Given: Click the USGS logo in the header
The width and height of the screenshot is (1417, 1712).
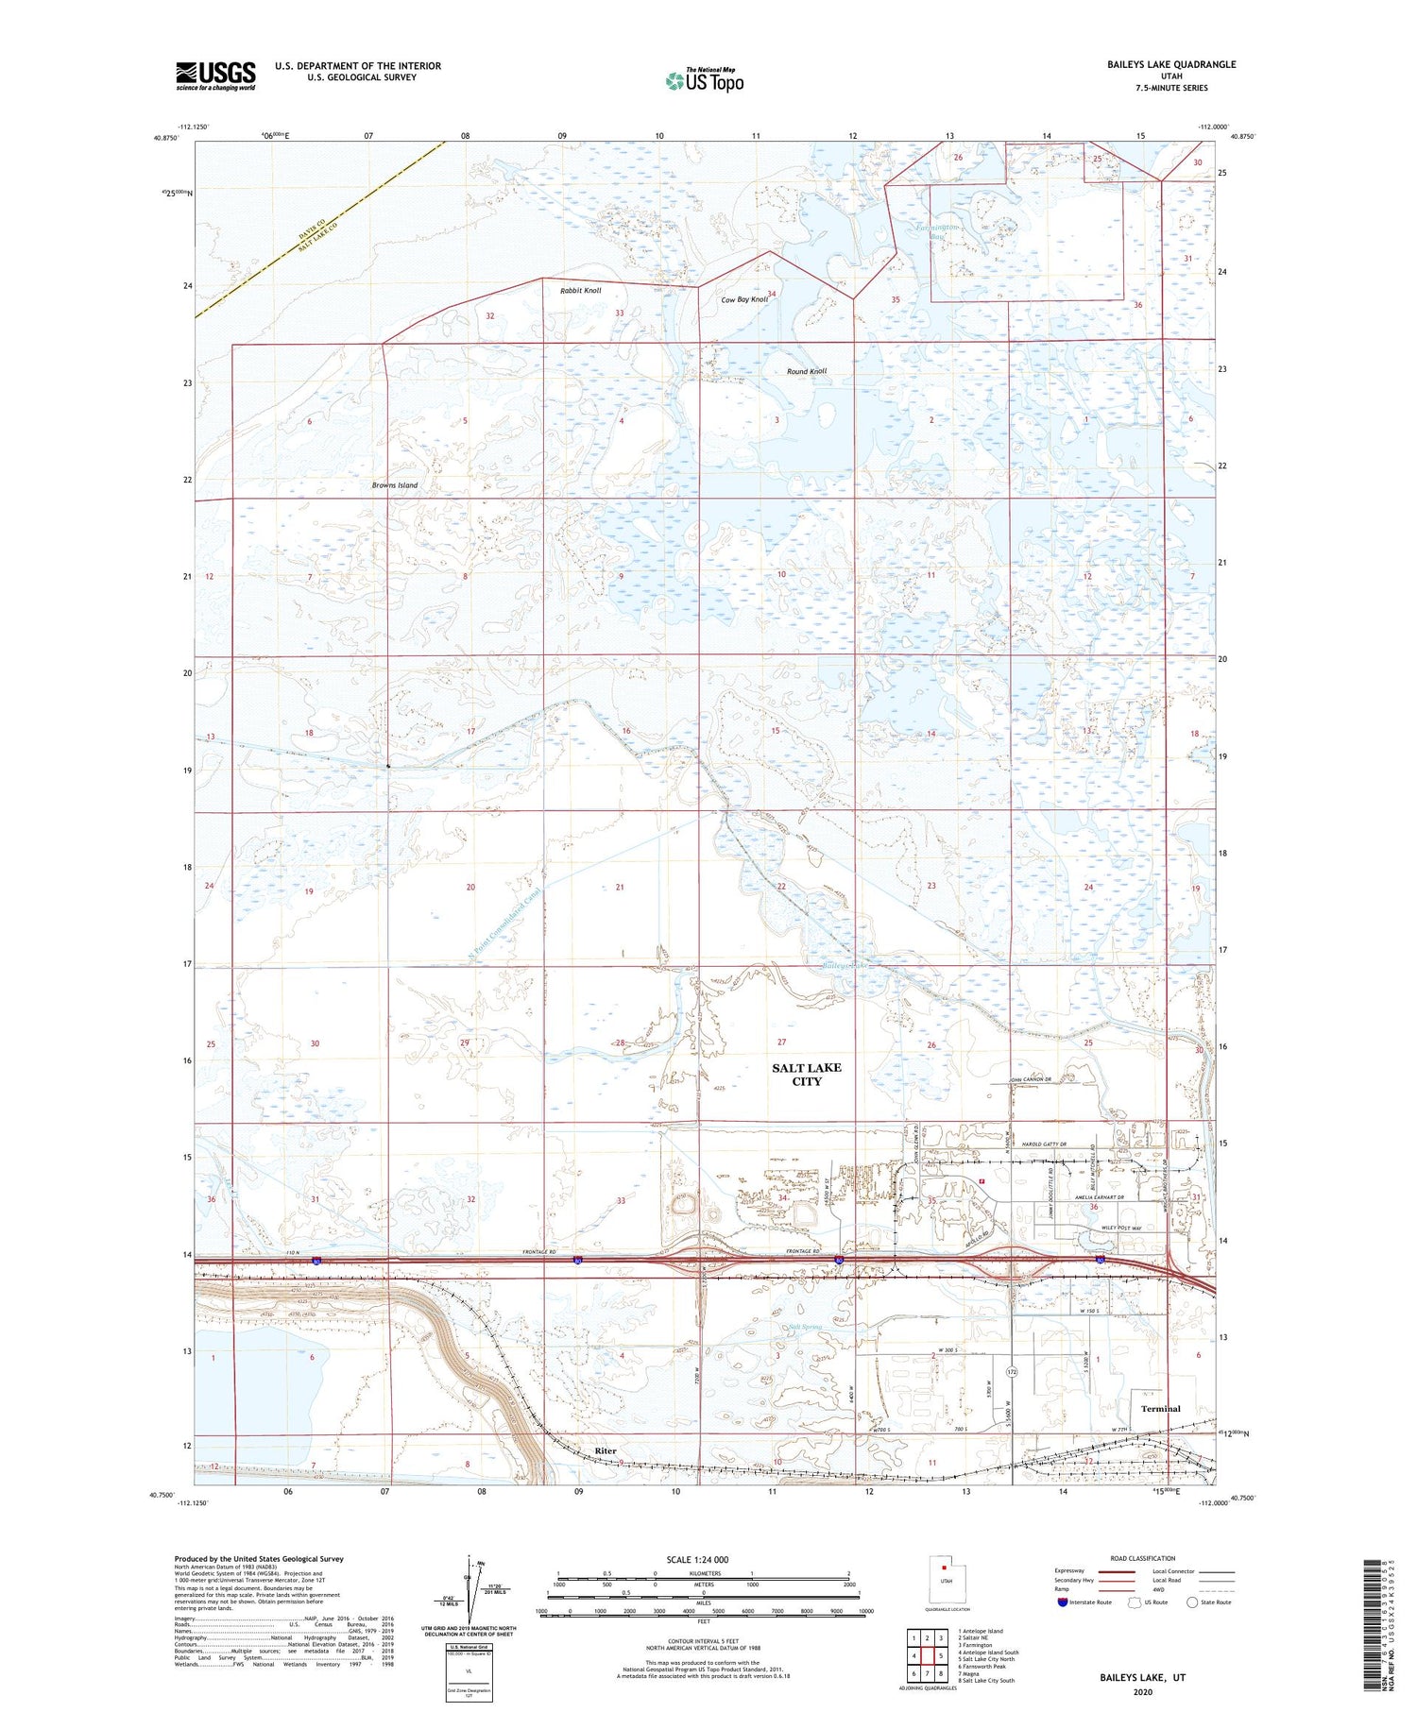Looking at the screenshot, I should point(215,76).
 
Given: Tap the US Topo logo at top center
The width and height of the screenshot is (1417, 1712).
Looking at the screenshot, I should point(704,81).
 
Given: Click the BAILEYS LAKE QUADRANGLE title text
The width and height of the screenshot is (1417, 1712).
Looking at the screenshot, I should point(1171,64).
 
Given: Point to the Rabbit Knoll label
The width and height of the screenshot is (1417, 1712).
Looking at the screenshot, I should point(580,291).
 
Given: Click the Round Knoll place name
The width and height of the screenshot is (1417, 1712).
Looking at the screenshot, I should point(806,371).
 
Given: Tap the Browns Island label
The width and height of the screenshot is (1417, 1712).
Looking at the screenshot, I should point(394,485).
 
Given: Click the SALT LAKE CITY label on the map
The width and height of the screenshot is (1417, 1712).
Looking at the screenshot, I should point(806,1075).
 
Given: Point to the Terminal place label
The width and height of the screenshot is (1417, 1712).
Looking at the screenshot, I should point(1160,1408).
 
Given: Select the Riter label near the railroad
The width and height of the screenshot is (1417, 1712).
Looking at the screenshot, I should point(605,1450).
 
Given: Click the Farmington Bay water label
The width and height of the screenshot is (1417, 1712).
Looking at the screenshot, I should point(939,232).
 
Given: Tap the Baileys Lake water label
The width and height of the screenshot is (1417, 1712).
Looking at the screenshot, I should point(844,966).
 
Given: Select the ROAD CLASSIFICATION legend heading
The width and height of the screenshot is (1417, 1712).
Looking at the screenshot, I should point(1143,1558).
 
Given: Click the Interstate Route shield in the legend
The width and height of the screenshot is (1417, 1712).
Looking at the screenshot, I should point(1062,1602).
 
